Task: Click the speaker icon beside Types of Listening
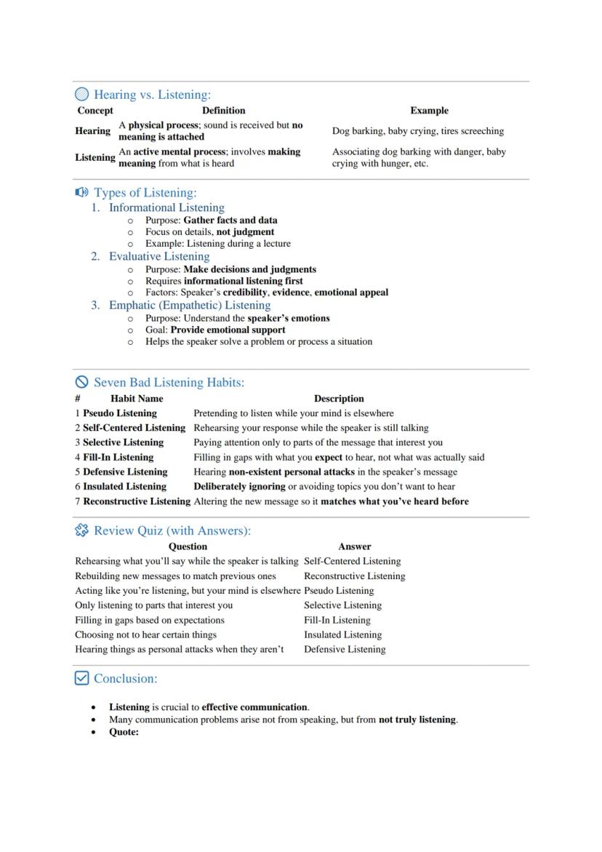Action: click(82, 193)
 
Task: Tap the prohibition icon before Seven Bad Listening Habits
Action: click(82, 382)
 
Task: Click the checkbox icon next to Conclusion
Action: click(82, 678)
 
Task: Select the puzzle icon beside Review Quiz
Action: click(82, 530)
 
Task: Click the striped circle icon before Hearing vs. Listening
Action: click(82, 95)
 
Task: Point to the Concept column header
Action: click(95, 111)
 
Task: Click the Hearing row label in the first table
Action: click(93, 131)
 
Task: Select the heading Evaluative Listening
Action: click(159, 256)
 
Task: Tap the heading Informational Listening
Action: click(166, 207)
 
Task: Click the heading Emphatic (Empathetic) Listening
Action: click(190, 305)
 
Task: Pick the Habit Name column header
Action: click(137, 399)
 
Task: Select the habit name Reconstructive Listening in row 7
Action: click(137, 501)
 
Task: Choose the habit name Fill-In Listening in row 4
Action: click(118, 458)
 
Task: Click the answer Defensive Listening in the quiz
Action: click(345, 649)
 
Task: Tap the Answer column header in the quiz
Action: click(355, 546)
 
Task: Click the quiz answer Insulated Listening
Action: click(342, 634)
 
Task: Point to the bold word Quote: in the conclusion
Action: click(124, 732)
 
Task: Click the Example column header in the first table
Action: click(429, 111)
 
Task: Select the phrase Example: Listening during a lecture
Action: click(217, 244)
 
